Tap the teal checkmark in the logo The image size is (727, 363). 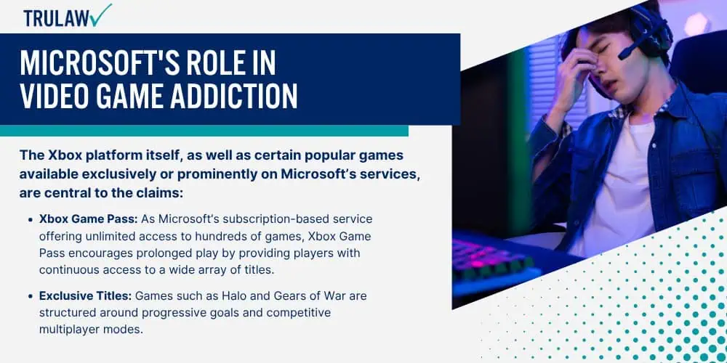101,15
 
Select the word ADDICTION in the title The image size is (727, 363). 235,97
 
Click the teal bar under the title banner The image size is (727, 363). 204,131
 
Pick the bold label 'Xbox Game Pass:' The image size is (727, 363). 88,219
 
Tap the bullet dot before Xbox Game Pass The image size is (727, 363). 31,219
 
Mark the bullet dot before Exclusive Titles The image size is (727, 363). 31,296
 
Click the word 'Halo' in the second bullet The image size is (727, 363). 226,295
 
